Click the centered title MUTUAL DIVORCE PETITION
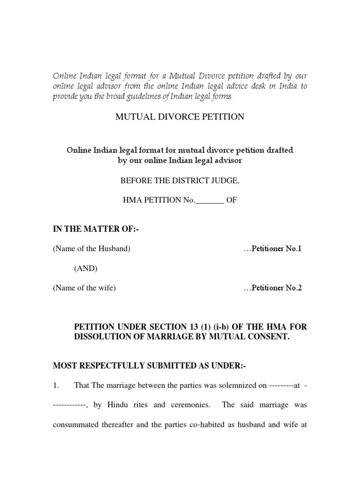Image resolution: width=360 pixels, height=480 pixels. (x=180, y=117)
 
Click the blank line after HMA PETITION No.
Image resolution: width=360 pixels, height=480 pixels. (x=210, y=200)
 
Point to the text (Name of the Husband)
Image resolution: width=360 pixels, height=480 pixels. (x=91, y=249)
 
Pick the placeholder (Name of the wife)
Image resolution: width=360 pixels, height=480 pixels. (x=84, y=288)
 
